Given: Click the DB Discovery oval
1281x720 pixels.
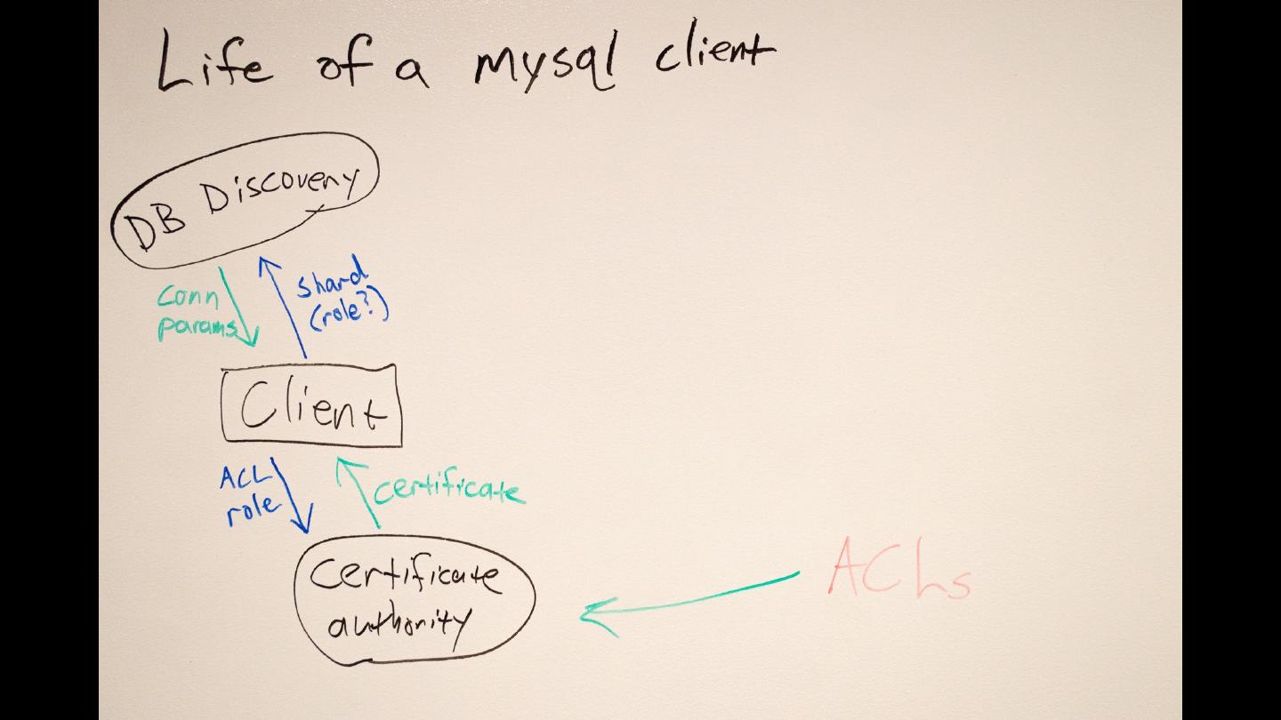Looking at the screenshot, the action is point(245,200).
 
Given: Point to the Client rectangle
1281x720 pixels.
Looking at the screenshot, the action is point(311,406).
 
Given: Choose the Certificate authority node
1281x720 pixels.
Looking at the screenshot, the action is point(414,600).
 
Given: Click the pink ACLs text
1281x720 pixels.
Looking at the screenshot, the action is point(898,569).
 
